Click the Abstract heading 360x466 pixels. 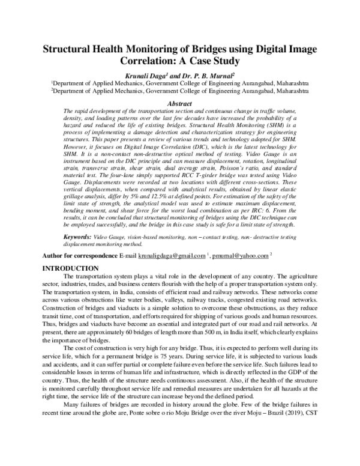pyautogui.click(x=179, y=103)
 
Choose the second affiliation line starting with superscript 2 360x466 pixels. pyautogui.click(x=179, y=91)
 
